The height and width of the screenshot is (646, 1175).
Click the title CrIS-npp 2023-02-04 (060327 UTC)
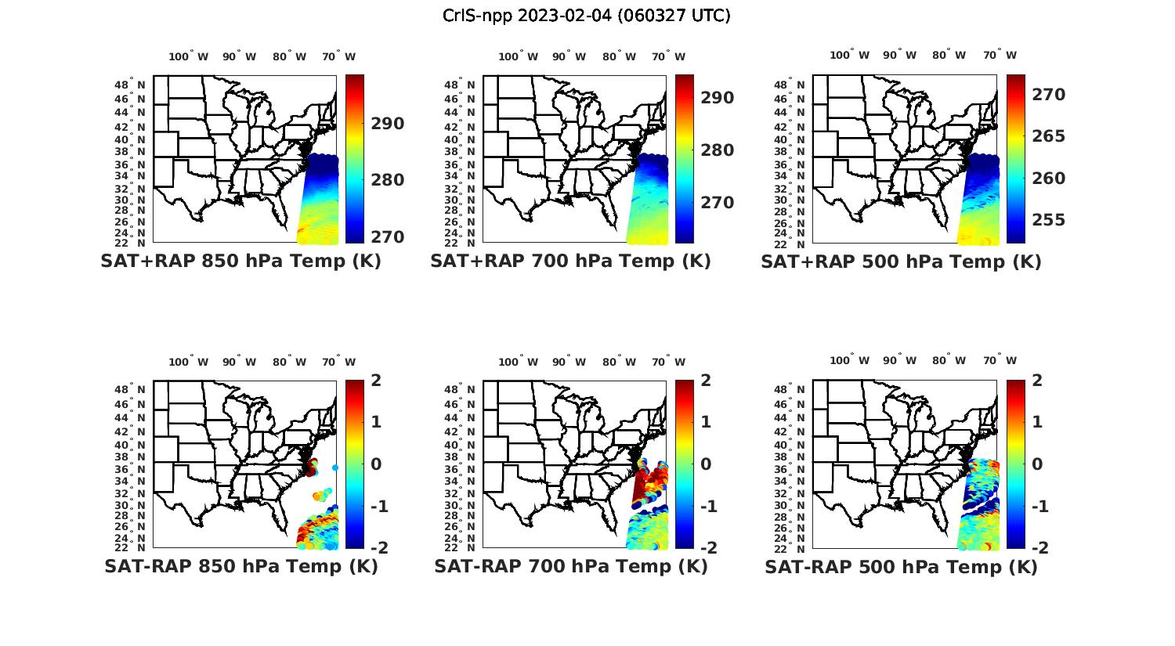[587, 16]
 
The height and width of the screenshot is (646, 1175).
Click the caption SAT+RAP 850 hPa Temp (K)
[240, 262]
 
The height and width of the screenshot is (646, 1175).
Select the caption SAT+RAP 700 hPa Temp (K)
[570, 262]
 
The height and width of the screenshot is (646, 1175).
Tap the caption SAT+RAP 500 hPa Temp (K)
[901, 262]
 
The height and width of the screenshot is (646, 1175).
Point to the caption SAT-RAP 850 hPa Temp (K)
[240, 566]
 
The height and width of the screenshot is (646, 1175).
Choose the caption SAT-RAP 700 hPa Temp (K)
[570, 566]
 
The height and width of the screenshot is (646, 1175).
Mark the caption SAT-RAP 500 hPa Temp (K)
[901, 567]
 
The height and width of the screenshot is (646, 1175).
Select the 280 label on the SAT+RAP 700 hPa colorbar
[715, 150]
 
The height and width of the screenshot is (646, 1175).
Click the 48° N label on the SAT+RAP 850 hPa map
[131, 85]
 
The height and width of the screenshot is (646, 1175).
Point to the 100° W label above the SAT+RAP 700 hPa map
[518, 56]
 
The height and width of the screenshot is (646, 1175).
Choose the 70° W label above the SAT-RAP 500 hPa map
[1000, 361]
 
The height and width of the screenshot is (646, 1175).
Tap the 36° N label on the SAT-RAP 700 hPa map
[461, 469]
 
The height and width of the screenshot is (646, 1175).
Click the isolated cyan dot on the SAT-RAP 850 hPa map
[335, 467]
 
